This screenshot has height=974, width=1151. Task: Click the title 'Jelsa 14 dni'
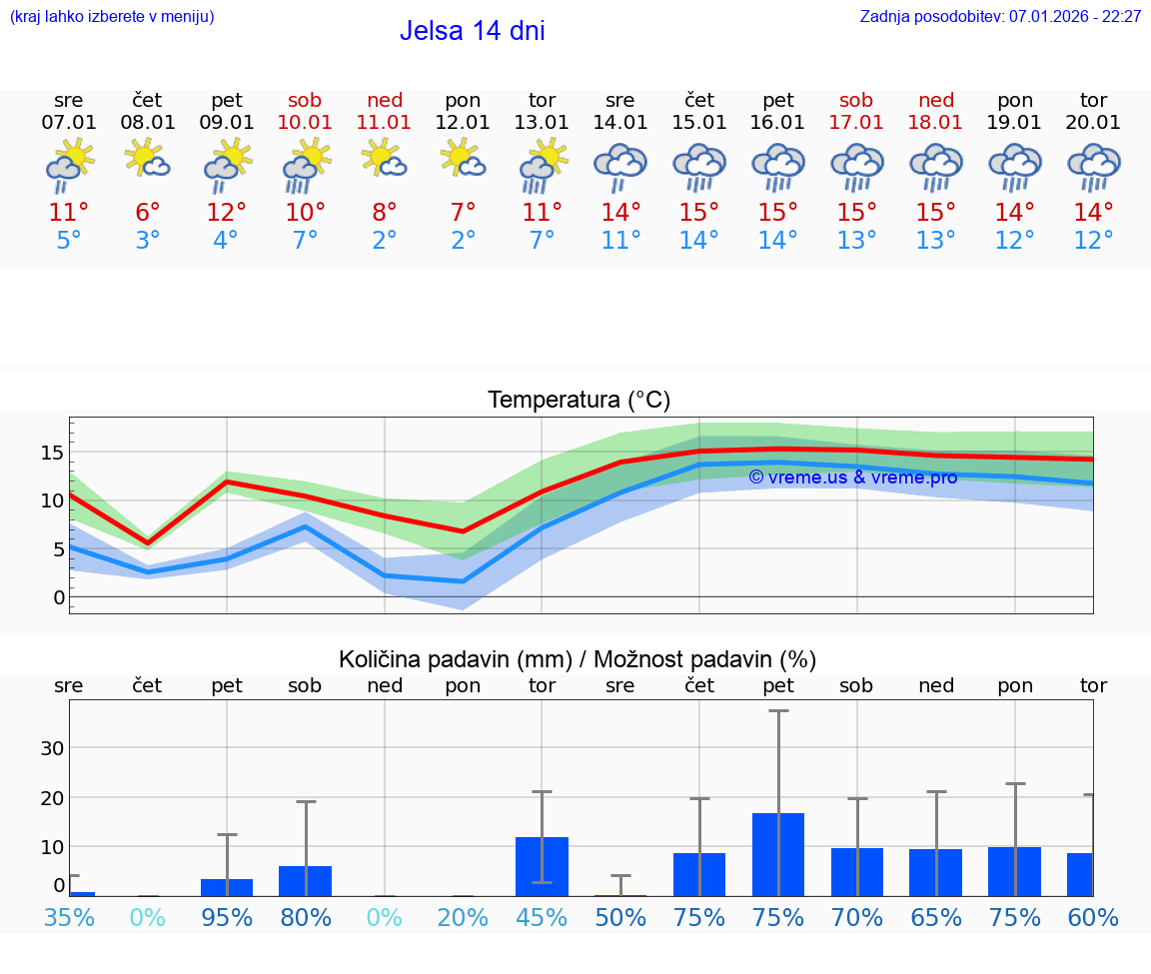tap(473, 31)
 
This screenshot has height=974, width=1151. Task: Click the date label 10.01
tap(306, 123)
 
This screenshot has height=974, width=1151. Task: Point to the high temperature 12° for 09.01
tap(227, 213)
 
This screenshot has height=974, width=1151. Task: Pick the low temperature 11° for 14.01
tap(620, 241)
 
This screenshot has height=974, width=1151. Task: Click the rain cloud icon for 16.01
tap(778, 167)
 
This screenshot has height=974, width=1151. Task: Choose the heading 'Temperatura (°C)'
tap(578, 401)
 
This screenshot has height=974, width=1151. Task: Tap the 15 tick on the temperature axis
tap(52, 453)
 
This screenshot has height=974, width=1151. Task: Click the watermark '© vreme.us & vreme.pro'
tap(852, 478)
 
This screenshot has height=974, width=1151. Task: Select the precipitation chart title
tap(577, 659)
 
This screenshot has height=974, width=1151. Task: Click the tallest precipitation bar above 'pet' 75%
tap(778, 854)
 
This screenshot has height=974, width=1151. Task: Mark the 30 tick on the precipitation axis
tap(52, 748)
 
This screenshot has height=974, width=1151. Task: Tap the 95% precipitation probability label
tap(227, 917)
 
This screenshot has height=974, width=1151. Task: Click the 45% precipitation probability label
tap(542, 917)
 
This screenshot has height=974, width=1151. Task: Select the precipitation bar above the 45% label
tap(542, 866)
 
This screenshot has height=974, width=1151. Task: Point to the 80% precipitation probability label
tap(306, 917)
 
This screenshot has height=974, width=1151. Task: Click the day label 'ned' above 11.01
tap(385, 100)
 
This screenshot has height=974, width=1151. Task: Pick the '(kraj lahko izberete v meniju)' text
tap(112, 17)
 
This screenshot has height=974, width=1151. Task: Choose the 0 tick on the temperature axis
tap(58, 597)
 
